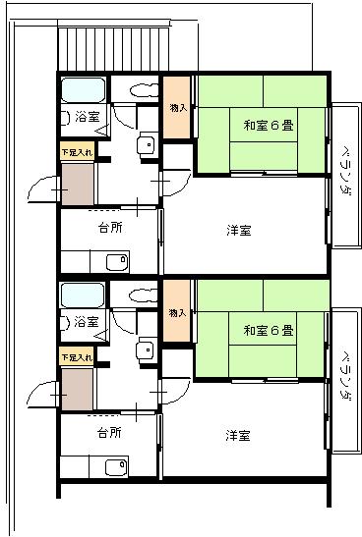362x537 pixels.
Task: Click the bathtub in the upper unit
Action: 83,90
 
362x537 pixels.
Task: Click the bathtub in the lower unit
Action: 83,295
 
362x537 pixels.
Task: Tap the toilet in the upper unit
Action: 145,90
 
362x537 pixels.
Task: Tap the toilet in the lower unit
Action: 143,295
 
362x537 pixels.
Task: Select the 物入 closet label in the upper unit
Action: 178,108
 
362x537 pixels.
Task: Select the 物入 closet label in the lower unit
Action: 177,313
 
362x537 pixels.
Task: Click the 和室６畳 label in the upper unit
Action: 269,126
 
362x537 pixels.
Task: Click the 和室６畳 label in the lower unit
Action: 269,331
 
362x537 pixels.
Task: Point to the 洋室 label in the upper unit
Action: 239,230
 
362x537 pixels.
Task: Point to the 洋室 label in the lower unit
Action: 238,435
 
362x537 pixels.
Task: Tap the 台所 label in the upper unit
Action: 110,228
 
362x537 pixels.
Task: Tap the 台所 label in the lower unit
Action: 109,433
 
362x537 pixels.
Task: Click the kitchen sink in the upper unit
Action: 117,262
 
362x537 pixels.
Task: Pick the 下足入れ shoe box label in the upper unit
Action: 77,152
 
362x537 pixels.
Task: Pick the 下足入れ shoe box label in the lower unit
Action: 77,357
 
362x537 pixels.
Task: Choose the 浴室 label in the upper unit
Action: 88,117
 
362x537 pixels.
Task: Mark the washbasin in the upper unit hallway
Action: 147,145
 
